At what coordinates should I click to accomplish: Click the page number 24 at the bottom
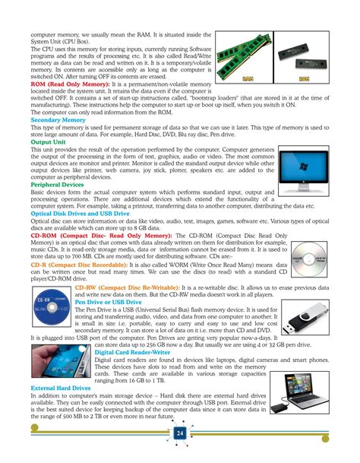point(179,433)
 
